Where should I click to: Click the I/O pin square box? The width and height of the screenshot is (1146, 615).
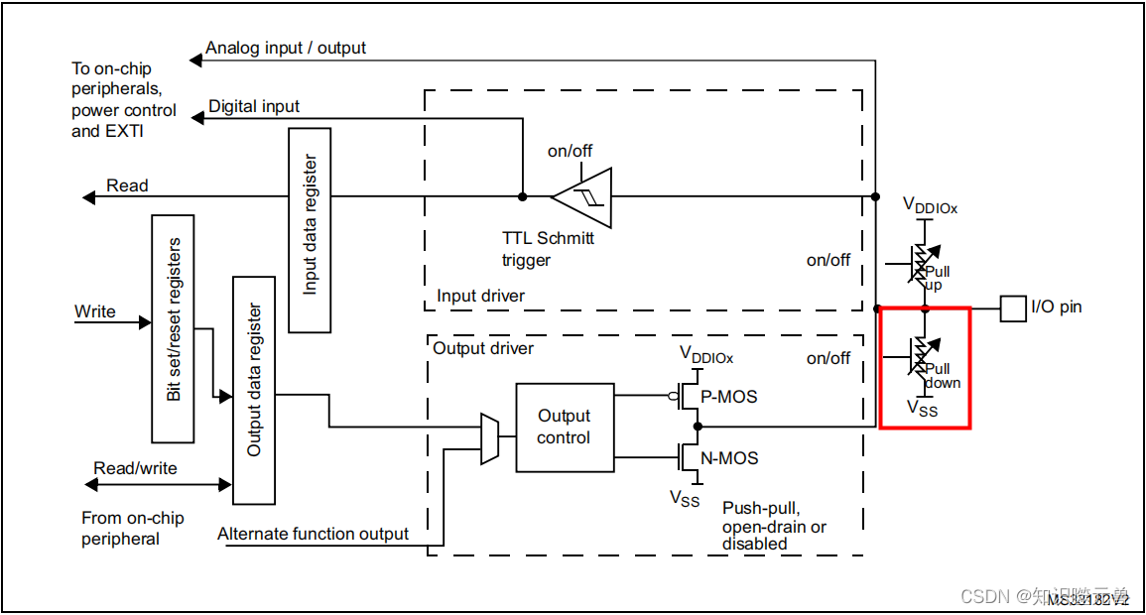(1012, 308)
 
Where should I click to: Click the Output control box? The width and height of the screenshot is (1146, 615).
(565, 428)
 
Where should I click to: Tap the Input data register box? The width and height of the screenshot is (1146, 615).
(310, 230)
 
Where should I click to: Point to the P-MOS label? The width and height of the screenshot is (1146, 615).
(729, 397)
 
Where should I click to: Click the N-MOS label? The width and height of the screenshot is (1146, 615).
(730, 458)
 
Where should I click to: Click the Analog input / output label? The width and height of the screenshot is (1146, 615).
(286, 48)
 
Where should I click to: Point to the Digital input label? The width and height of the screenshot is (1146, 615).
(254, 106)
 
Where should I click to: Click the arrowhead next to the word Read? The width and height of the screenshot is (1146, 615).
(89, 197)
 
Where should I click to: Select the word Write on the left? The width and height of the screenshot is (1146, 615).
(95, 311)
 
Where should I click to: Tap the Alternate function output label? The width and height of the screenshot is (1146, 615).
(313, 534)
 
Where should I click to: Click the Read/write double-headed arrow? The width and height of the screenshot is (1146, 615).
(159, 484)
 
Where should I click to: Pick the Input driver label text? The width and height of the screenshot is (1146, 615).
(480, 296)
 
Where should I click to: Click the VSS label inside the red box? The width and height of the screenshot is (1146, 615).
(922, 408)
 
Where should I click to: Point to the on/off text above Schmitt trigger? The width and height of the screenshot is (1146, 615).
(571, 151)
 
